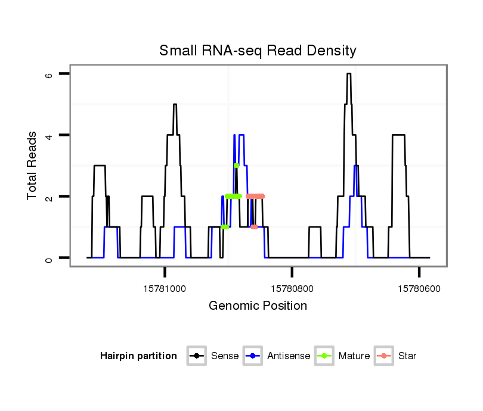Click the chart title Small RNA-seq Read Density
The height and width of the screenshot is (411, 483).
(258, 51)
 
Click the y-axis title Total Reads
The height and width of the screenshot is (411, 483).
(33, 166)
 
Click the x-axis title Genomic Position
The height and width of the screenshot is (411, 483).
(258, 306)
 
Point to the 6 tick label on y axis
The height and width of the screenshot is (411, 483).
(49, 74)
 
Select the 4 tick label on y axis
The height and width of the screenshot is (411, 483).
(49, 135)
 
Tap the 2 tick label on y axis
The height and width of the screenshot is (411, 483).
(49, 197)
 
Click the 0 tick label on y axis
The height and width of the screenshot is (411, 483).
(49, 258)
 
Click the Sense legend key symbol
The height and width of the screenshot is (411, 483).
(196, 356)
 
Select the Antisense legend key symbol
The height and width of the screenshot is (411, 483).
(253, 356)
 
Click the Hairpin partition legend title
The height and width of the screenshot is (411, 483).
(138, 356)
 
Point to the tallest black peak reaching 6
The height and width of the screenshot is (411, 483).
(349, 74)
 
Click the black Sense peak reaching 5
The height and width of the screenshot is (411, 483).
(175, 105)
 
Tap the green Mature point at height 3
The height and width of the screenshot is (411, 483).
(237, 166)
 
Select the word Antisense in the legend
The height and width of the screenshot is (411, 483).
(288, 356)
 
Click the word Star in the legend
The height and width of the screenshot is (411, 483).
(407, 356)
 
